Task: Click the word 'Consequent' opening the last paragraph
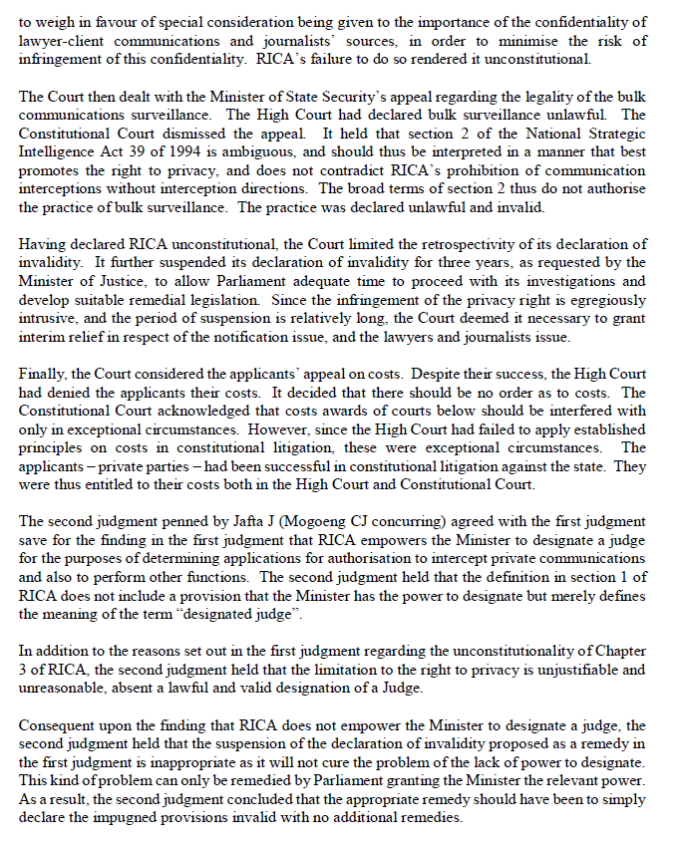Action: tap(58, 727)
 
